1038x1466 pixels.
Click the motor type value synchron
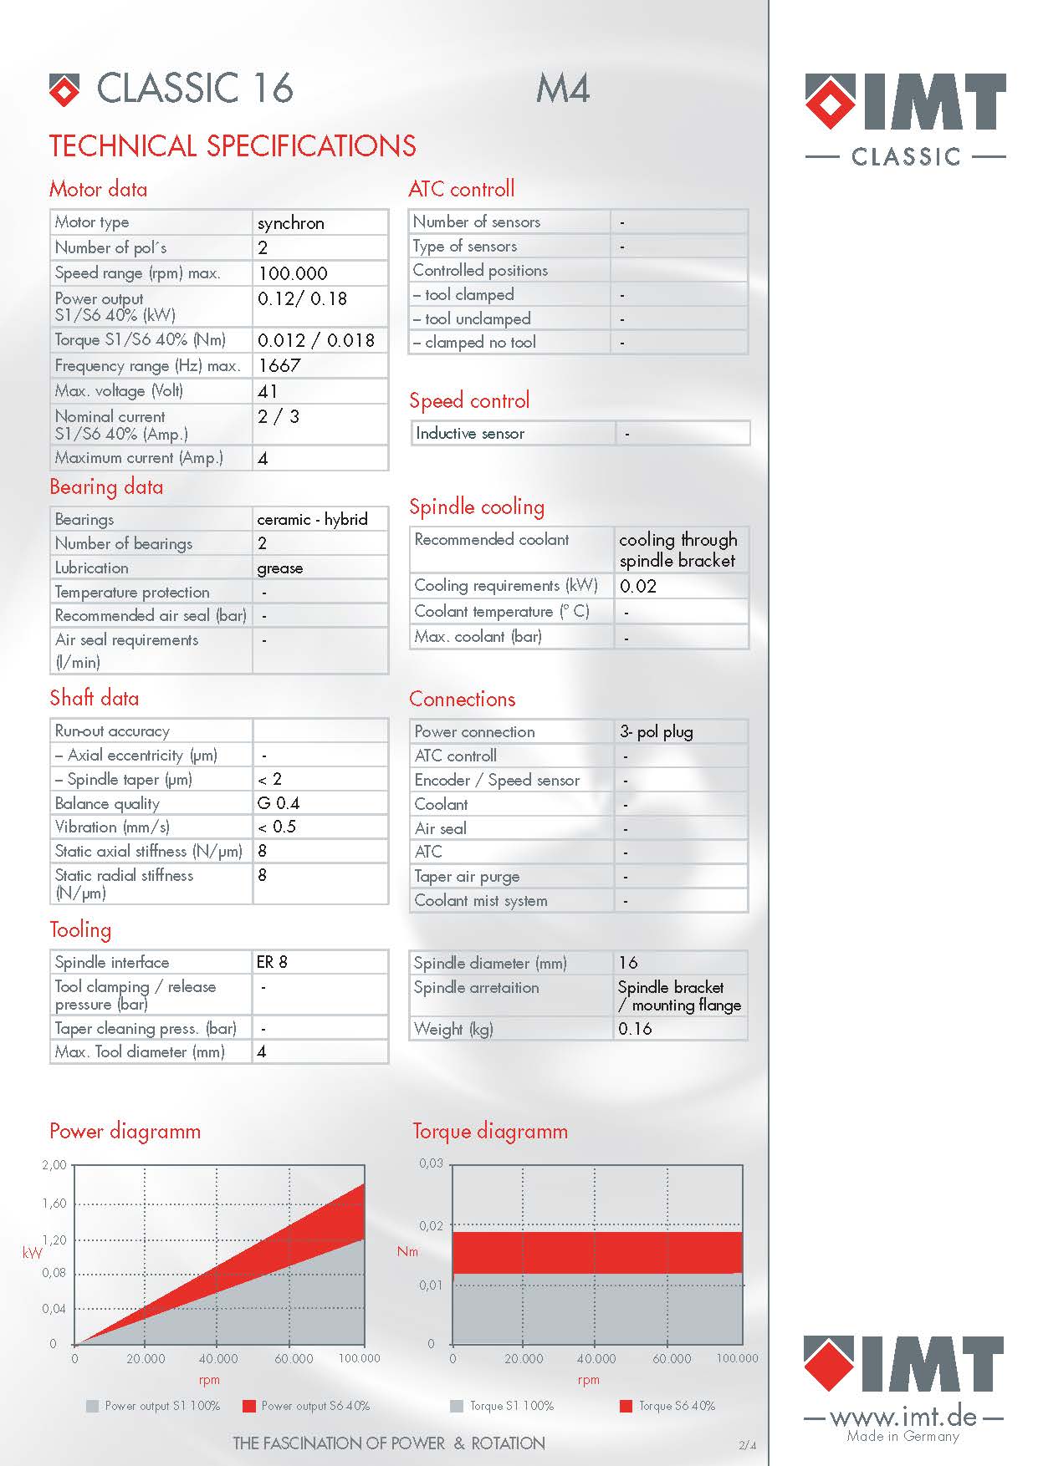[290, 223]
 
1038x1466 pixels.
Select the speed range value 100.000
[293, 273]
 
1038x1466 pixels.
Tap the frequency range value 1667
[279, 365]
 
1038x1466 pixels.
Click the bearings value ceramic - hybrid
[312, 519]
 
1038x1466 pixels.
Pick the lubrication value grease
[280, 568]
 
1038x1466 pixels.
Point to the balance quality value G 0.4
[279, 803]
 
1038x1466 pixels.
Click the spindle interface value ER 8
[272, 962]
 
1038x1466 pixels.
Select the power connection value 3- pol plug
[657, 731]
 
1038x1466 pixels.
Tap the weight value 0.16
[635, 1029]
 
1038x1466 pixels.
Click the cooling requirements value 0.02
[638, 586]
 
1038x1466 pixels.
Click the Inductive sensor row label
[470, 433]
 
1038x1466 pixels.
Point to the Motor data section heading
[98, 189]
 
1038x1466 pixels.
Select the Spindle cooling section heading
[477, 506]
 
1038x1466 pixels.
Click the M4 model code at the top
[563, 89]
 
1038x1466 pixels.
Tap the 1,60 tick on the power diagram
[54, 1204]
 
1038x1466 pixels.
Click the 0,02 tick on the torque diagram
[432, 1226]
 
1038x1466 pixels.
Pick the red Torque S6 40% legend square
[626, 1406]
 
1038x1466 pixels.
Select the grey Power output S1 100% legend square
[93, 1406]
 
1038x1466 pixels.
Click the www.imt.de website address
[903, 1416]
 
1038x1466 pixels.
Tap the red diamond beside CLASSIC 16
[64, 90]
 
